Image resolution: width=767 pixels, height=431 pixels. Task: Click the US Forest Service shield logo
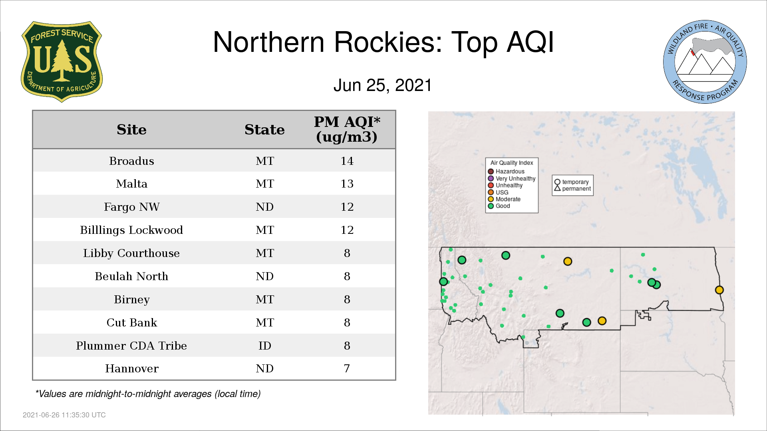(62, 62)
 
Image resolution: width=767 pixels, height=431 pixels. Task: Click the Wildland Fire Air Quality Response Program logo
(705, 62)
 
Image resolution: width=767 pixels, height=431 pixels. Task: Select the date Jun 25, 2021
(383, 85)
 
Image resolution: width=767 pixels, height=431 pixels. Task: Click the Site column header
(131, 130)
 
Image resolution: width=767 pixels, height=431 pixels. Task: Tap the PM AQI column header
(347, 129)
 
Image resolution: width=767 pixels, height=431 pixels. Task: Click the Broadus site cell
(131, 161)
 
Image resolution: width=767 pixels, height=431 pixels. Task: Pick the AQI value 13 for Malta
(347, 184)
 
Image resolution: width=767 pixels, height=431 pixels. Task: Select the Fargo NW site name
(131, 207)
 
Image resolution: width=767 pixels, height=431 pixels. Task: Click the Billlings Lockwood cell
(131, 230)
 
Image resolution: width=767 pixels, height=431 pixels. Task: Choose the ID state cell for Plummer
(264, 346)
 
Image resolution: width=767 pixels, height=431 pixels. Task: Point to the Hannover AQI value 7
(347, 368)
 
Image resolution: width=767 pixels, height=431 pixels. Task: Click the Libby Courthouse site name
(131, 253)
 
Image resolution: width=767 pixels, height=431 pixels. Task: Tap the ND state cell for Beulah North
(264, 276)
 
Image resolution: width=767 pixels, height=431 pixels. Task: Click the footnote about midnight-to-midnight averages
(148, 394)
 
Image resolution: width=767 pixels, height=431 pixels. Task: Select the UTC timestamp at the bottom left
(64, 415)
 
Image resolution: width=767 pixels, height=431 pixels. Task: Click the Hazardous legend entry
(506, 172)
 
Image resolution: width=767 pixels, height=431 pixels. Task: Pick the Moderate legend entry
(504, 199)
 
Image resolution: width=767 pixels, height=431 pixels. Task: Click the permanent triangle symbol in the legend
(557, 188)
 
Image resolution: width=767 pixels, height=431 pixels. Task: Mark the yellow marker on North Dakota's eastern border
(719, 290)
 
